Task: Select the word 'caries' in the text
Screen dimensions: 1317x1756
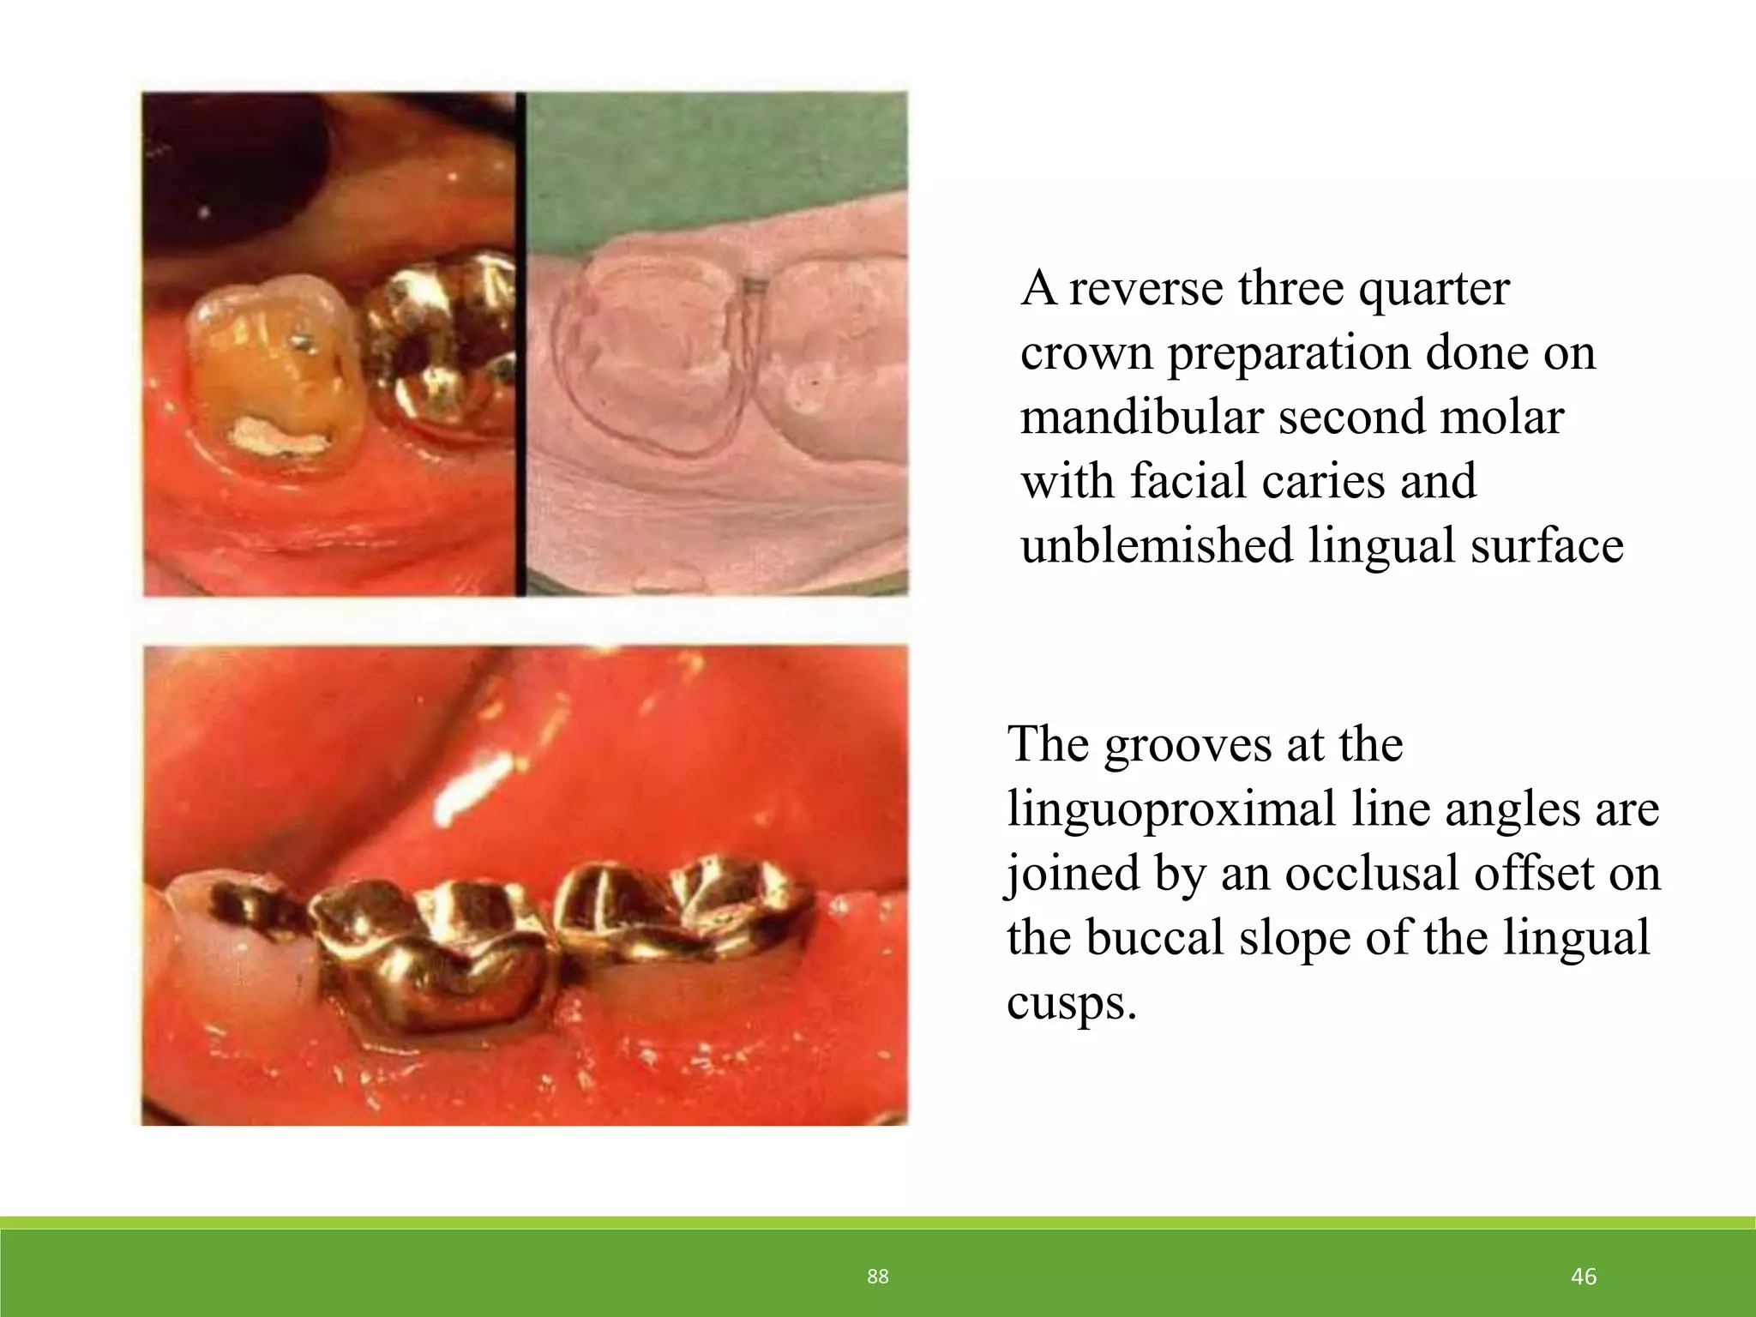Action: coord(1326,481)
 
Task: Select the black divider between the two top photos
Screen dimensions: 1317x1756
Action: coord(520,343)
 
